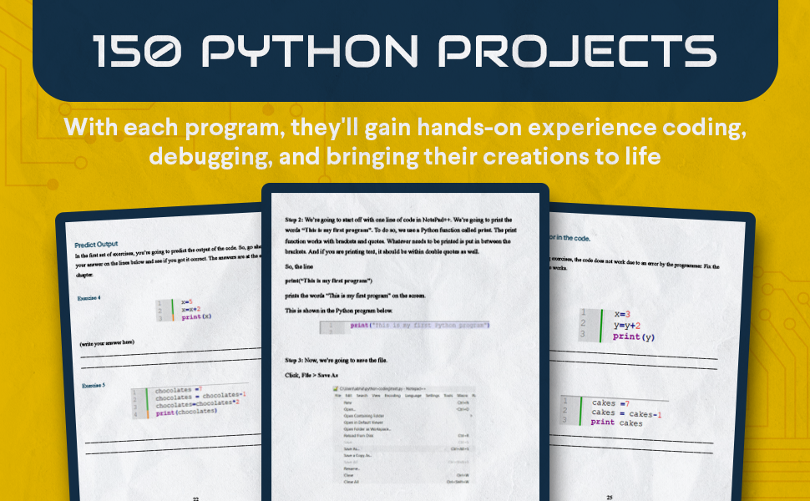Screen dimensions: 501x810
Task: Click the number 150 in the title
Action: click(x=135, y=52)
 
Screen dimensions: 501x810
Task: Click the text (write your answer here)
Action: click(x=107, y=342)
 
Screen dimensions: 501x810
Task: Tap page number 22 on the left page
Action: click(x=195, y=498)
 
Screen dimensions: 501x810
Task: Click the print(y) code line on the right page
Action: click(x=634, y=337)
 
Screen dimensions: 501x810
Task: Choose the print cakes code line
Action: click(x=616, y=423)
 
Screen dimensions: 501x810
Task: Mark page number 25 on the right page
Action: click(x=610, y=497)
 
